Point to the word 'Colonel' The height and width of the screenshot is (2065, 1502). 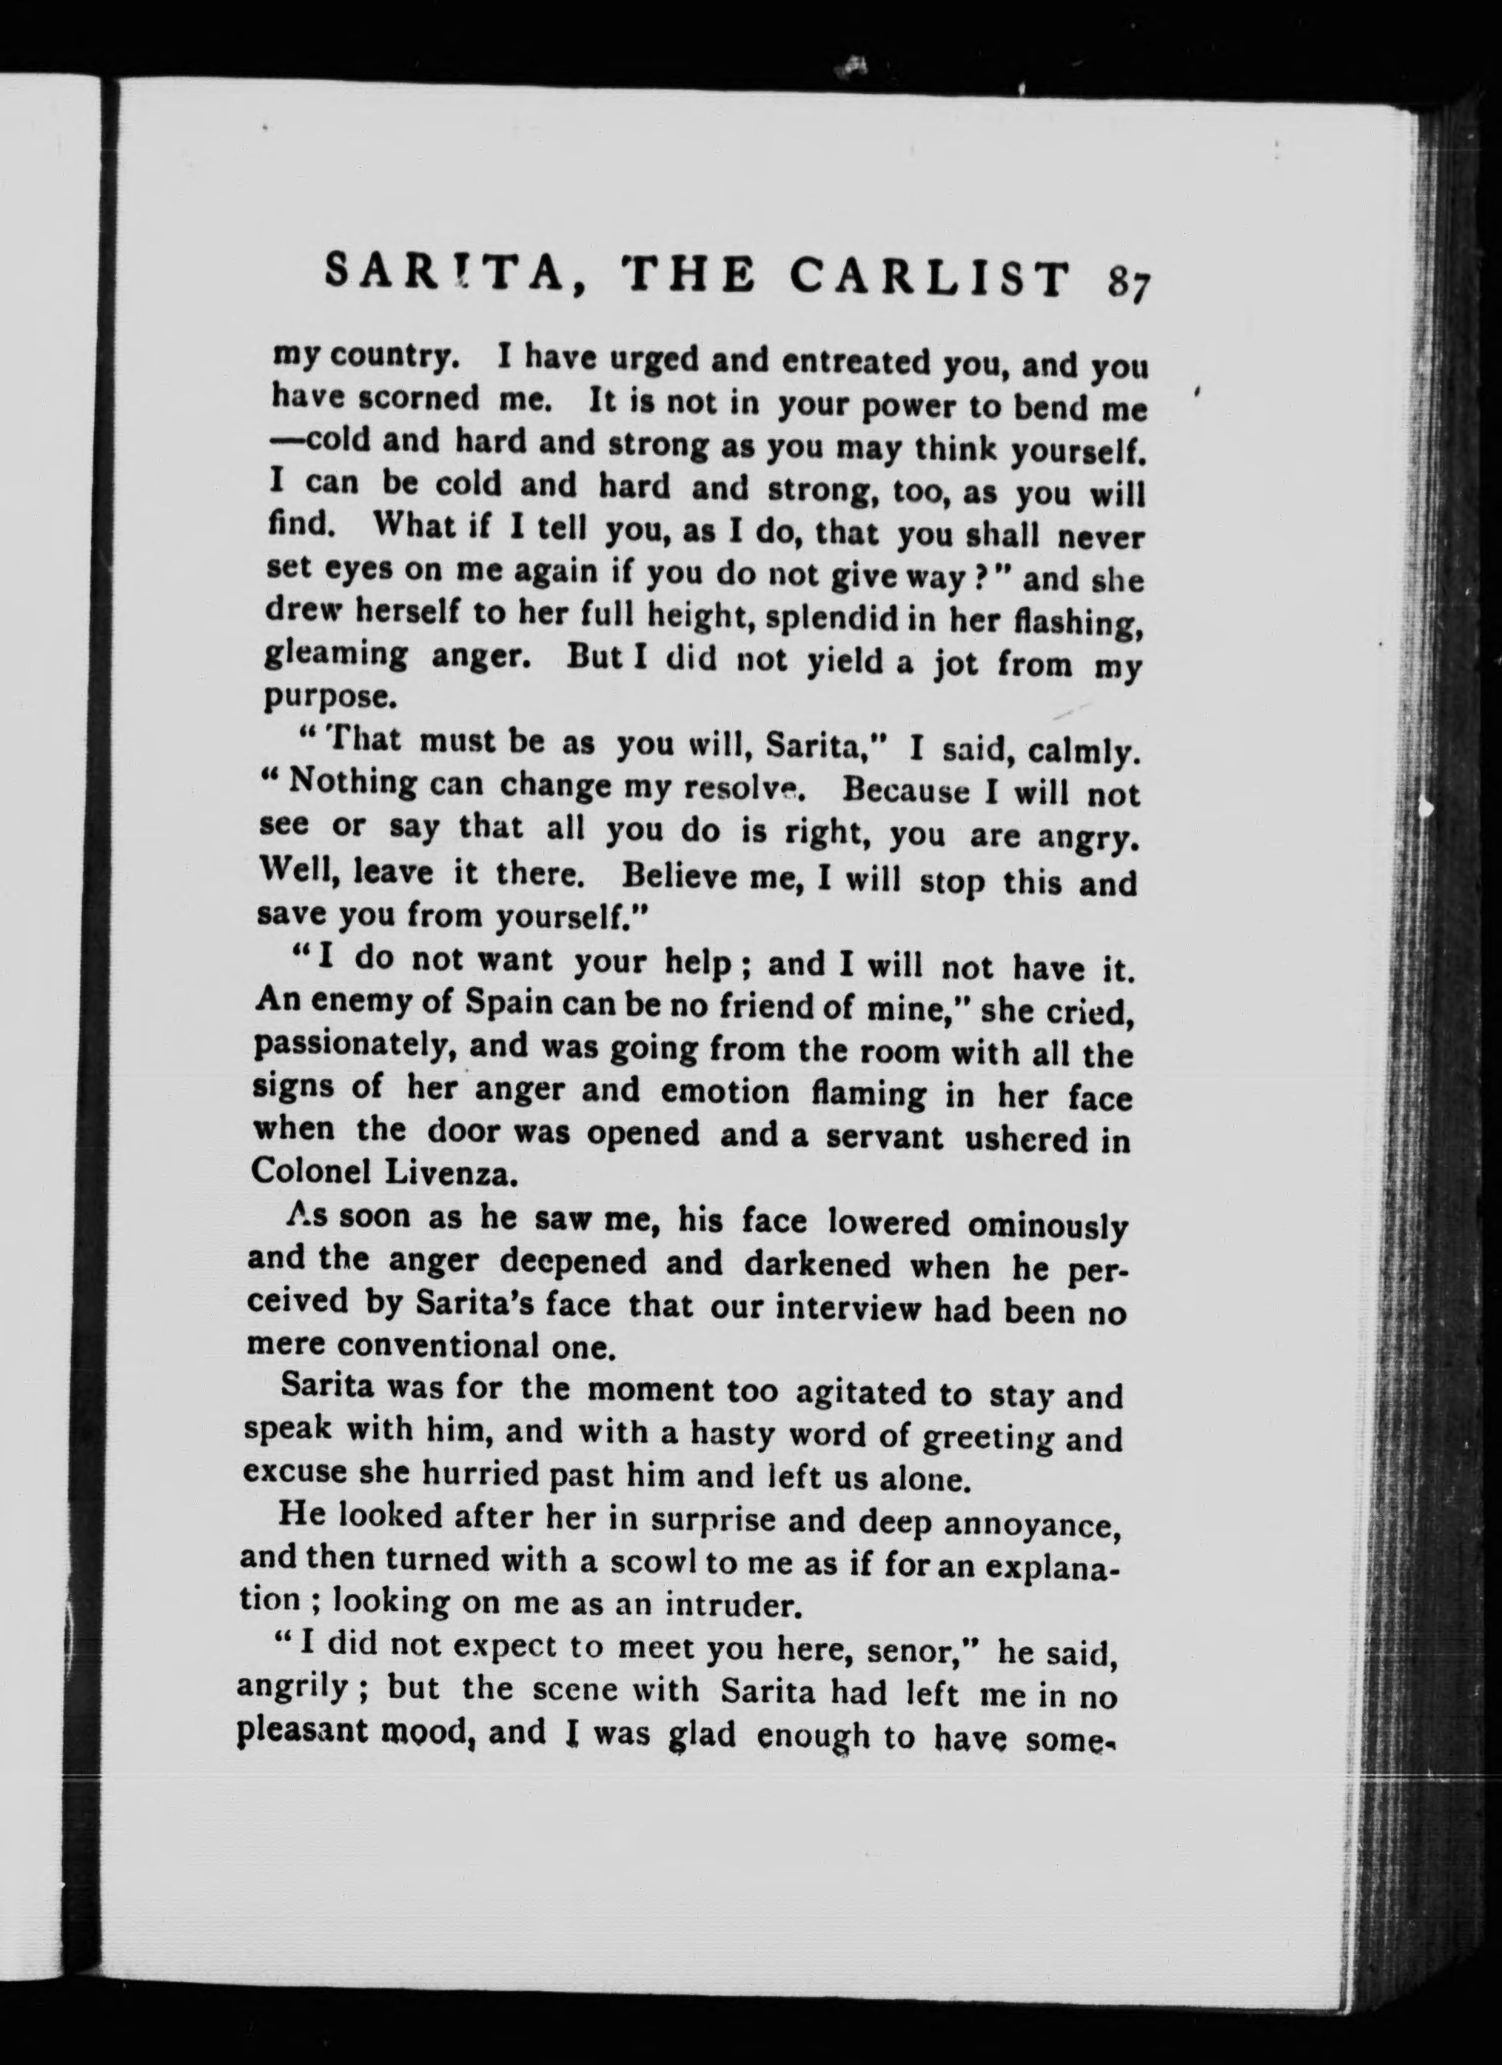click(x=306, y=1172)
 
